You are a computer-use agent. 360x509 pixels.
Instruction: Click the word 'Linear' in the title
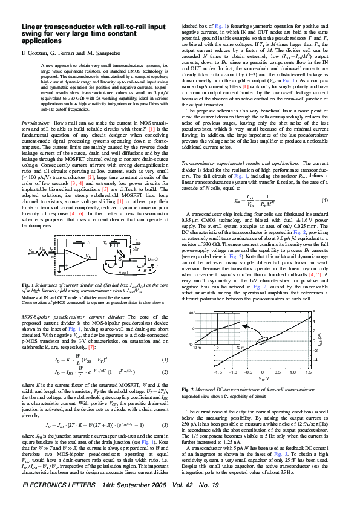33,27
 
